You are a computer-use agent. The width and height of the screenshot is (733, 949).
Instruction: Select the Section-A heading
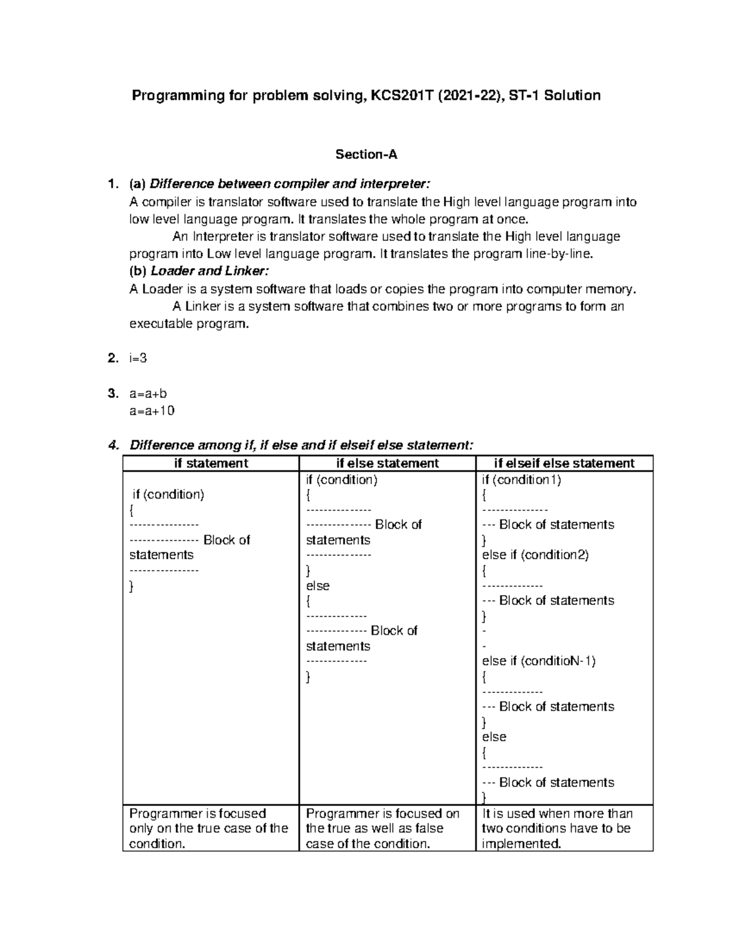click(366, 155)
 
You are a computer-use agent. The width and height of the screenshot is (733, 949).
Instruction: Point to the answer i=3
click(138, 359)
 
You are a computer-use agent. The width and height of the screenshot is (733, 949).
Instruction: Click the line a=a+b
click(148, 394)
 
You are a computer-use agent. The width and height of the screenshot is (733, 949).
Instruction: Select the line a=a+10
click(151, 411)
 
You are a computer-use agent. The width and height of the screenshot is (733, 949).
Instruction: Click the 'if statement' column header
click(211, 463)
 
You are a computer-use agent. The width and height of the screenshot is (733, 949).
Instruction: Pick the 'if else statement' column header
click(387, 463)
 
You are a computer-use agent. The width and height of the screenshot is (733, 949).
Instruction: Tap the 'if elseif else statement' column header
click(564, 463)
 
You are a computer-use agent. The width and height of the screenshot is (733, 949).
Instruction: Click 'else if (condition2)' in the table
click(535, 555)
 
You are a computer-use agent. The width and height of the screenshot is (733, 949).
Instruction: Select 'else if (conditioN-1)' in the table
click(538, 661)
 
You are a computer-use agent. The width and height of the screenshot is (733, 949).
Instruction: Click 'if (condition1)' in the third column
click(521, 480)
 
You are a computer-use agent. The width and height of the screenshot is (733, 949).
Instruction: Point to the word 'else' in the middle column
click(318, 585)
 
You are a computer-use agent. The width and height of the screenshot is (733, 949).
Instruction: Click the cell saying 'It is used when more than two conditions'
click(556, 829)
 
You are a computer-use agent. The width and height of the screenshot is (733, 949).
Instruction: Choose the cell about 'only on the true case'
click(208, 829)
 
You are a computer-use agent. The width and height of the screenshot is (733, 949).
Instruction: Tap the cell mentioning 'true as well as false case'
click(382, 829)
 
